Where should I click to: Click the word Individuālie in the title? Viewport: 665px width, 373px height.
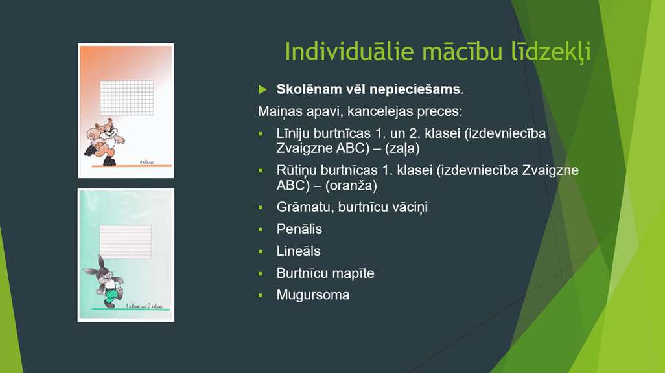click(349, 51)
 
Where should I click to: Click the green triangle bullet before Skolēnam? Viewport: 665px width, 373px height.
click(262, 89)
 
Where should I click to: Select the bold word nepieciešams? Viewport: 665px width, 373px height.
click(414, 89)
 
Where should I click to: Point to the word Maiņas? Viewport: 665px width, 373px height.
click(281, 111)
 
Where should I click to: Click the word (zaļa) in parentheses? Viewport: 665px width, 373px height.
click(402, 148)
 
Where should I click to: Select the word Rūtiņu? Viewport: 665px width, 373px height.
click(296, 170)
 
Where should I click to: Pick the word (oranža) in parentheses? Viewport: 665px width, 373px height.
click(351, 185)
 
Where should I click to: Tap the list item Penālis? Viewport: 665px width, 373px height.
click(299, 229)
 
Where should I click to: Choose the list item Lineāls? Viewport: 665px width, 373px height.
click(298, 251)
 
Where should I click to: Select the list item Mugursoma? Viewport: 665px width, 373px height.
click(313, 295)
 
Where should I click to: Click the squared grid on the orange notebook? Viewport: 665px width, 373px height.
click(127, 98)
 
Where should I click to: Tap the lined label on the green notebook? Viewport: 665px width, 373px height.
click(126, 242)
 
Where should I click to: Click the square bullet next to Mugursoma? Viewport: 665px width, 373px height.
click(261, 295)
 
